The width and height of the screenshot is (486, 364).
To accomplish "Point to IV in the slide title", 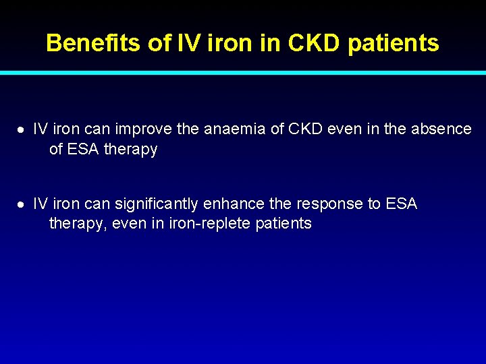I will tap(184, 43).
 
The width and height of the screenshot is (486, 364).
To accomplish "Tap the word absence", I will tap(442, 129).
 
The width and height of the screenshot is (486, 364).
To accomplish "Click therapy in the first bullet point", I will tap(131, 150).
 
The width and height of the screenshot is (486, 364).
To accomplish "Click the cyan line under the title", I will tap(243, 72).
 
